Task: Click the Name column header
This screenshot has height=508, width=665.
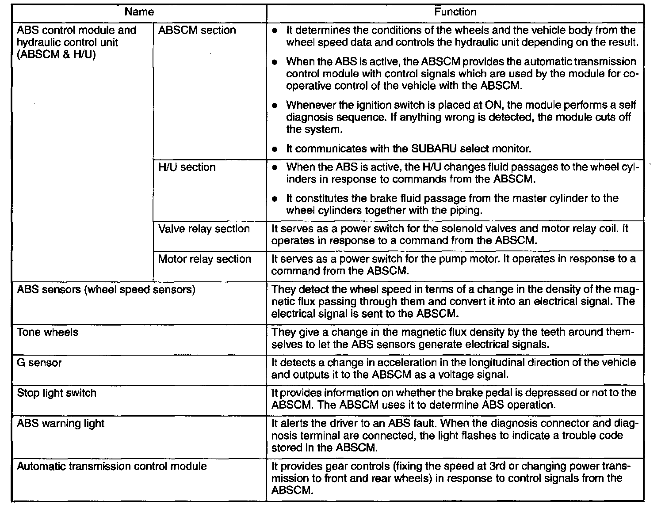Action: [x=139, y=12]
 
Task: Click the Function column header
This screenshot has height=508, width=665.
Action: [x=455, y=12]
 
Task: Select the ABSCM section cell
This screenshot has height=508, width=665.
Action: [x=197, y=30]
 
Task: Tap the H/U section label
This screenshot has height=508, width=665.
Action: [x=187, y=167]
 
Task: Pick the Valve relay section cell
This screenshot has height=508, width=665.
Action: [x=204, y=229]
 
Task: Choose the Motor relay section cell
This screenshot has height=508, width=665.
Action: [x=205, y=259]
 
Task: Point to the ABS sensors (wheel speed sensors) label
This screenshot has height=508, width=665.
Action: [x=106, y=290]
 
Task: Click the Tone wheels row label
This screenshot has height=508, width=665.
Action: [x=47, y=332]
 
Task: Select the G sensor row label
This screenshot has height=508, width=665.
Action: [x=39, y=363]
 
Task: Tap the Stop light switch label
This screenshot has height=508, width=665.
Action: [x=57, y=393]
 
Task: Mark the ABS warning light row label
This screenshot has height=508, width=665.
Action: [x=61, y=424]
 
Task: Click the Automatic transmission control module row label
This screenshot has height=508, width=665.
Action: [x=111, y=466]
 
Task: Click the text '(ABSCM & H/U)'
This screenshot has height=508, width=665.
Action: [x=56, y=55]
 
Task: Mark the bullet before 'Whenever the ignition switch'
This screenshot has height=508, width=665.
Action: [x=275, y=106]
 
